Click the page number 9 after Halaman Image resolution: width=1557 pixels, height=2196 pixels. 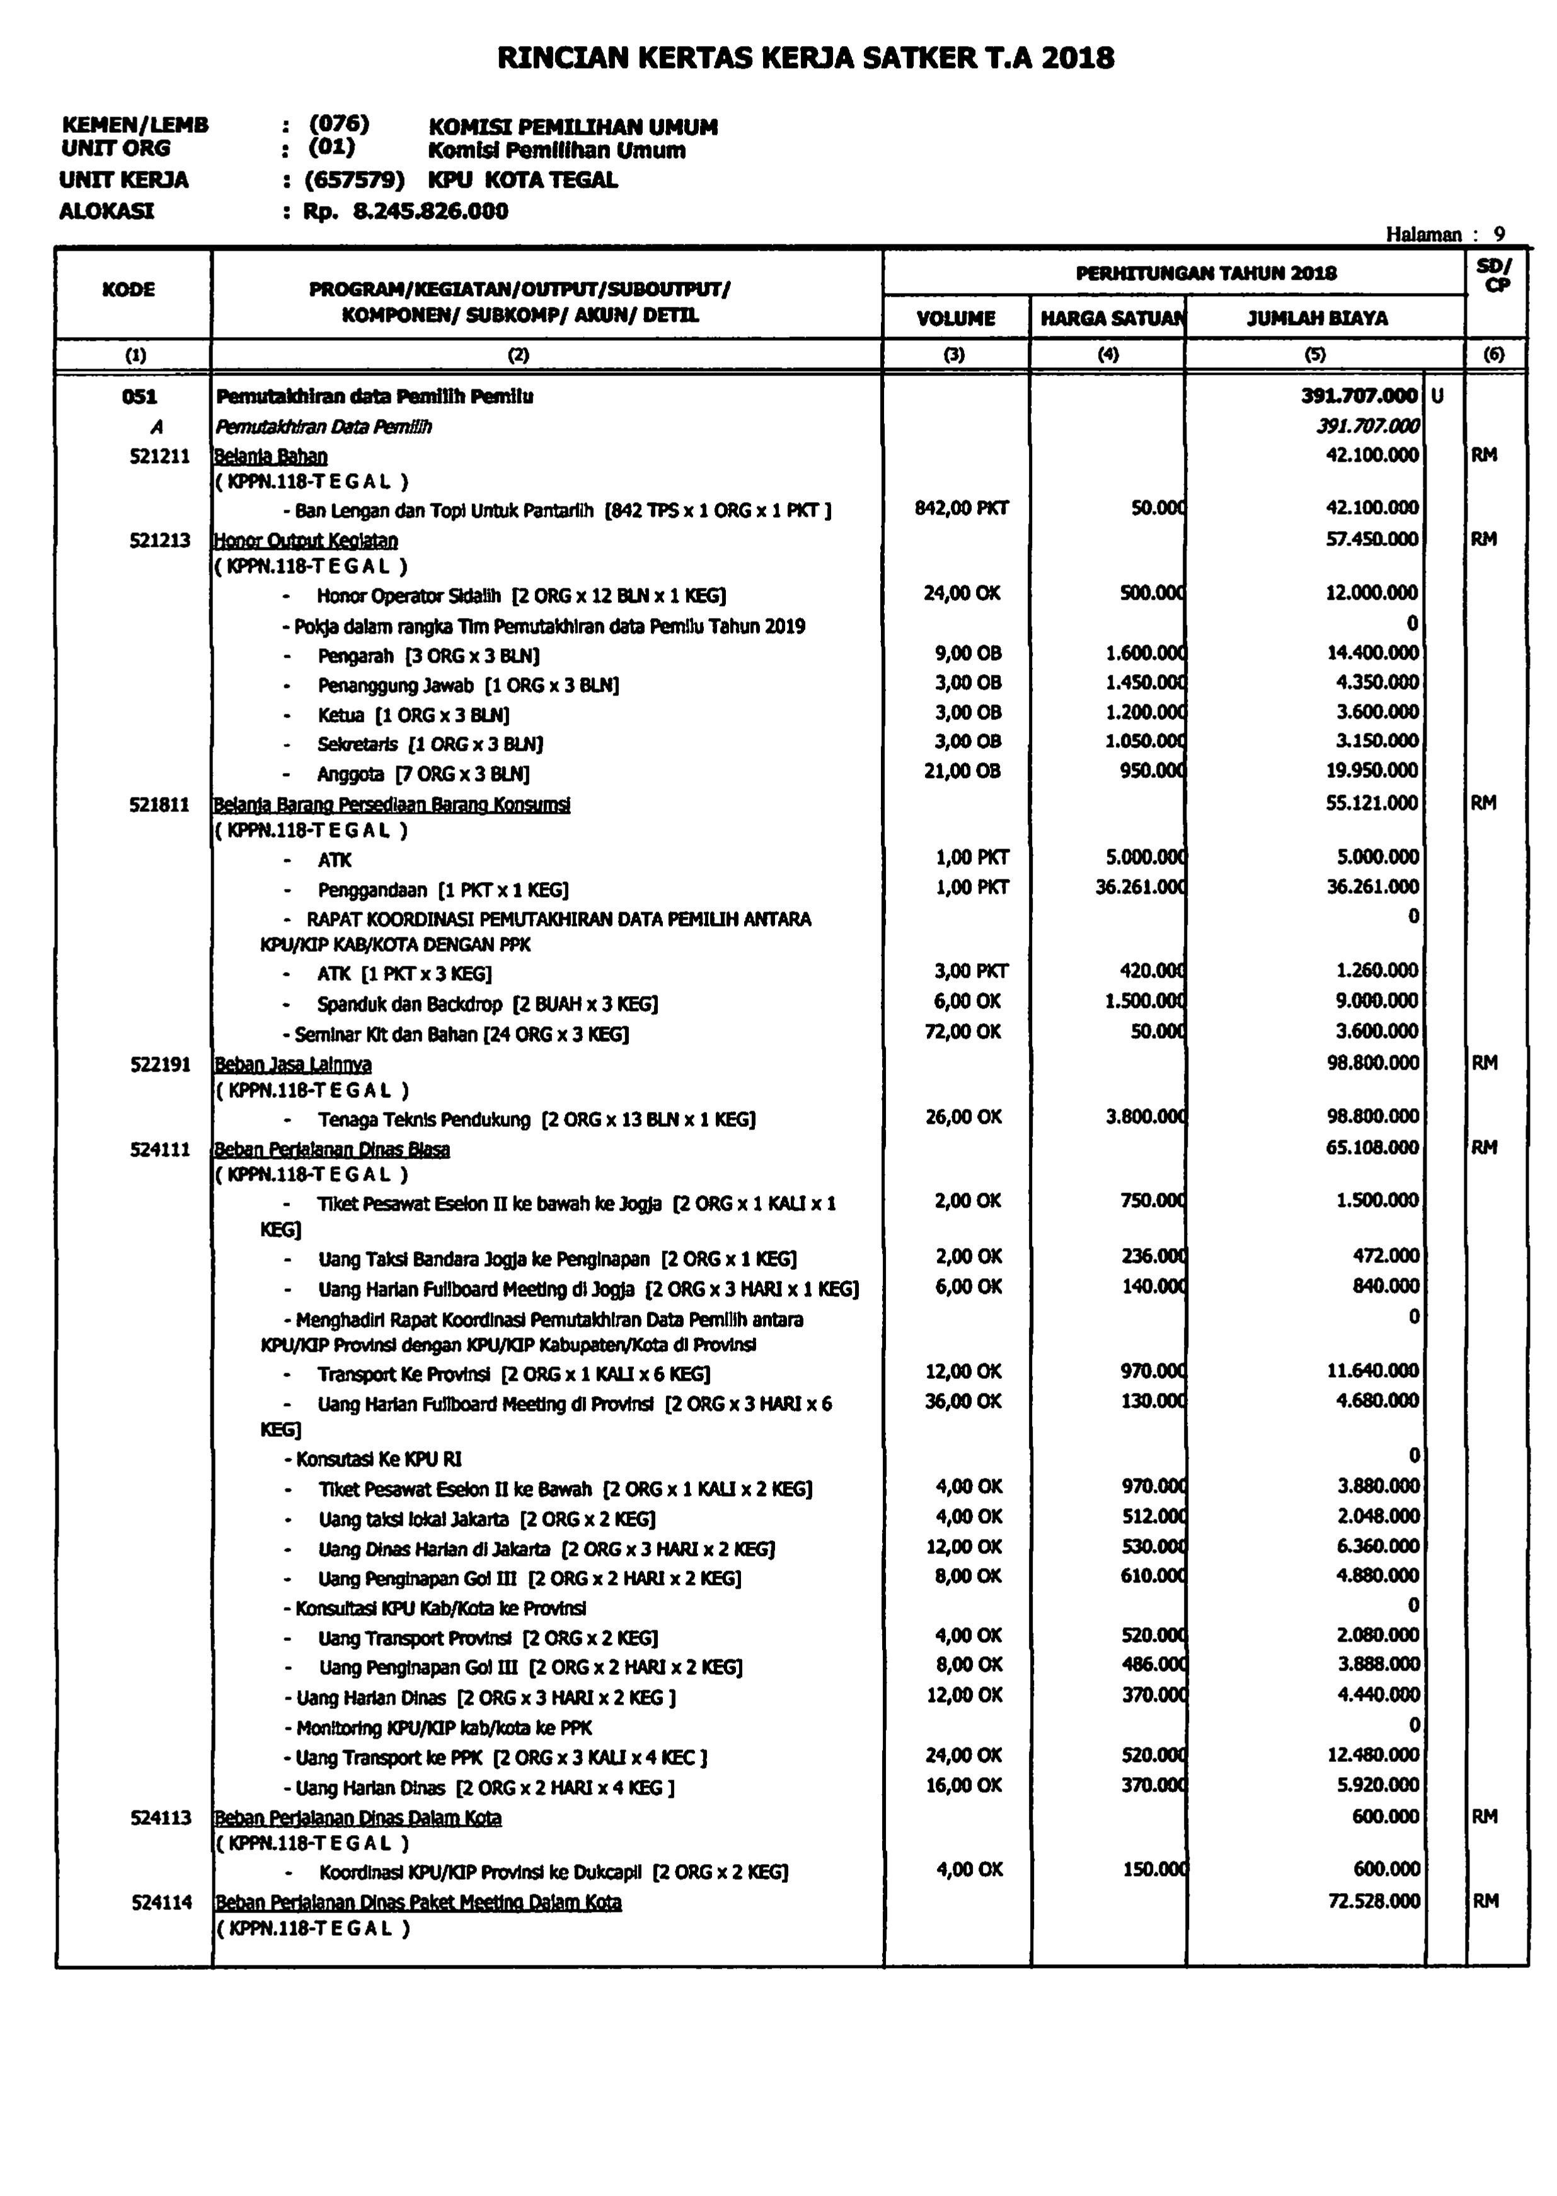[1500, 234]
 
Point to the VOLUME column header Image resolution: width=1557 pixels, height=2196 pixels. [956, 318]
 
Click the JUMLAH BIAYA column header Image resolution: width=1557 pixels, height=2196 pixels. [1318, 318]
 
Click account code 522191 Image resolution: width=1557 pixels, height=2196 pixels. [160, 1064]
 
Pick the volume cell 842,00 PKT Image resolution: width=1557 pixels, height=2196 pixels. [962, 508]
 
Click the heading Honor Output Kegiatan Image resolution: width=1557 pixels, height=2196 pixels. [306, 540]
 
